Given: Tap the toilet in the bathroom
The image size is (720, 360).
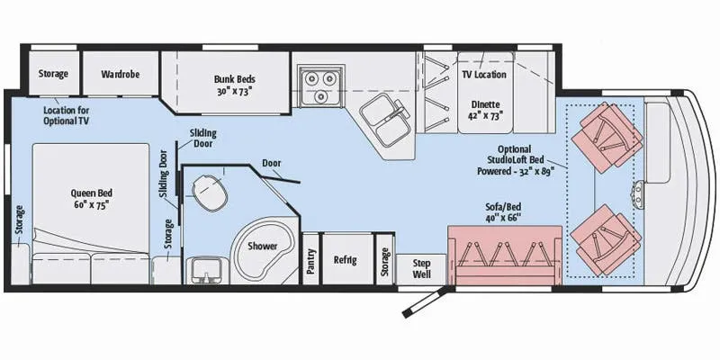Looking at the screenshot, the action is coord(211,193).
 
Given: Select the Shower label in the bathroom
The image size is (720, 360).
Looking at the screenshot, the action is coord(263,246).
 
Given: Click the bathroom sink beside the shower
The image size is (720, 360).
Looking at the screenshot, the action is coord(207,270).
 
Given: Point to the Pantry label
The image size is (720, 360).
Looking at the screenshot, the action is coord(311,261).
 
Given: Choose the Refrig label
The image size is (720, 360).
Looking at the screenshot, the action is coord(346,260).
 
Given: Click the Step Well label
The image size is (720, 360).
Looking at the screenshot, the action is coord(421,269).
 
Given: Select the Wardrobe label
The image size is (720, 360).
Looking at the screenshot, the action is coord(121,74).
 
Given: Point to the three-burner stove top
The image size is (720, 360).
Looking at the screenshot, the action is coord(320,85).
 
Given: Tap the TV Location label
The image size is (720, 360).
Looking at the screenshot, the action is coord(484,75).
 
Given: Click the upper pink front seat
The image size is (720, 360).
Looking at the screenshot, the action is coord(606,138).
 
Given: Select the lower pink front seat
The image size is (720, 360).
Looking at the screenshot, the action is coord(606,239).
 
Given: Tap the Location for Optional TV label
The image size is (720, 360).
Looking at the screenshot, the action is coord(67,115).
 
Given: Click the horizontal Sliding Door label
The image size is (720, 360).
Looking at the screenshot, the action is coord(202,139).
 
